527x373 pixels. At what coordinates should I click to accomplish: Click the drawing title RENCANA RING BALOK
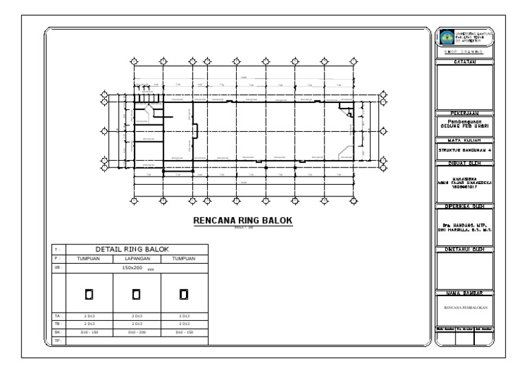pyautogui.click(x=242, y=220)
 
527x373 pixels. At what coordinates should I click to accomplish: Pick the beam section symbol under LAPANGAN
pyautogui.click(x=136, y=294)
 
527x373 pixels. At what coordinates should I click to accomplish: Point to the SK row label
pyautogui.click(x=58, y=331)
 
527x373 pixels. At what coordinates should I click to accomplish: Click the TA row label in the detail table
pyautogui.click(x=58, y=315)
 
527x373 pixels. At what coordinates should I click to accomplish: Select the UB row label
pyautogui.click(x=58, y=268)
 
